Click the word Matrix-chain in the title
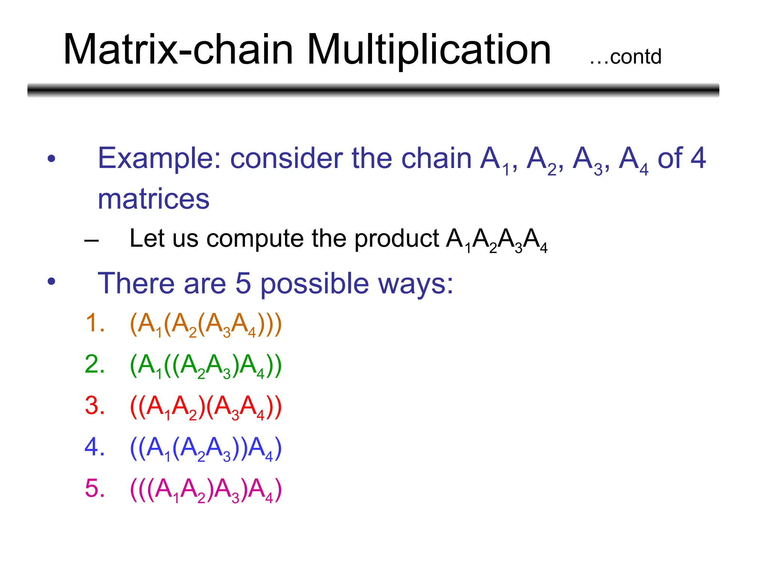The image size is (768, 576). [178, 49]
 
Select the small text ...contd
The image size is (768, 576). [625, 57]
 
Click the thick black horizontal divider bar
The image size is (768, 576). [373, 90]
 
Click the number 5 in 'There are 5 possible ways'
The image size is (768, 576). [243, 283]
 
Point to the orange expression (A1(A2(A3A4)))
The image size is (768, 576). [205, 324]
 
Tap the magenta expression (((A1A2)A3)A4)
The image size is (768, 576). [205, 490]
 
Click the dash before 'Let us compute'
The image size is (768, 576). [91, 240]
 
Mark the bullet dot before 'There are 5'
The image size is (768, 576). [51, 281]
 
